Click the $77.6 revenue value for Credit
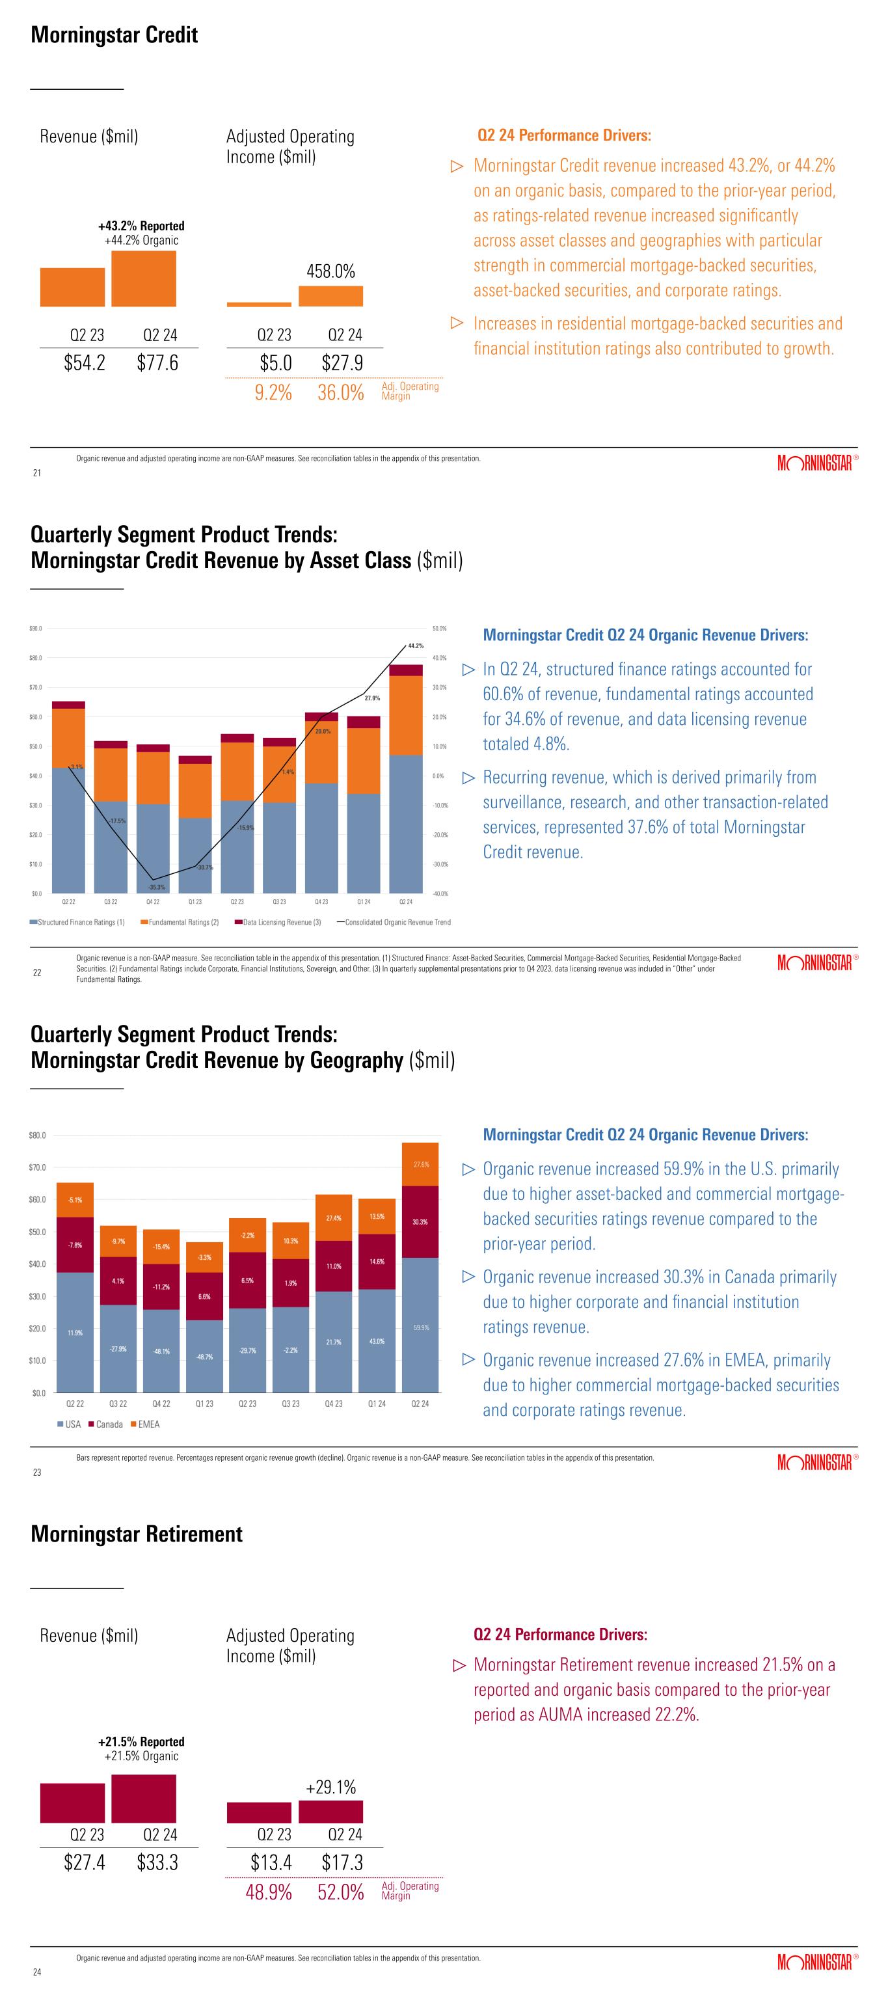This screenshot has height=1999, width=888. [157, 363]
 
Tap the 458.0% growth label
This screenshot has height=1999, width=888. [331, 271]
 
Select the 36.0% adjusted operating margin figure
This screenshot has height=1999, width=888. [340, 392]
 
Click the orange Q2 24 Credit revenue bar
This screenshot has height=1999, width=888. [144, 279]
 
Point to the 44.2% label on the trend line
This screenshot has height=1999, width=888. [416, 646]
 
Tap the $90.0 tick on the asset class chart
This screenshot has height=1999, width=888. [36, 628]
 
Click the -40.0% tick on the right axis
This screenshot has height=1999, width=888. [439, 894]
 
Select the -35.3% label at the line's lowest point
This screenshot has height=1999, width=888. [157, 887]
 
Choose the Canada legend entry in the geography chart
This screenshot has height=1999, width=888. [105, 1424]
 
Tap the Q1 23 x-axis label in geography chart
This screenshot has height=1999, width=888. [204, 1404]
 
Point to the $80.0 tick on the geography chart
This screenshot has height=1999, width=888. [36, 1135]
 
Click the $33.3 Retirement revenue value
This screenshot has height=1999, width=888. [157, 1862]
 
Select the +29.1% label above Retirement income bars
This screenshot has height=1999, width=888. [331, 1787]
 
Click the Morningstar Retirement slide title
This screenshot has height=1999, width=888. [137, 1534]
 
